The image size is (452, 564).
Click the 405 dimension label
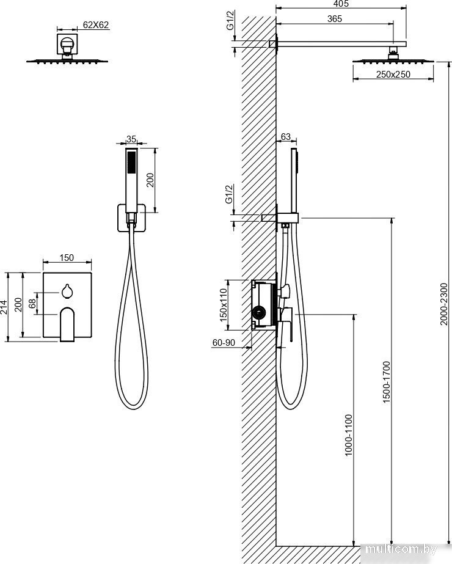[341, 4]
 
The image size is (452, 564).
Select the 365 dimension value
[334, 19]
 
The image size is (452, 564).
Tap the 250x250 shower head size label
[393, 75]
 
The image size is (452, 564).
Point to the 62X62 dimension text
[96, 25]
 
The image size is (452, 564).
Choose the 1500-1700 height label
[386, 382]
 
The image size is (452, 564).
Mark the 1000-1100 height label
[348, 435]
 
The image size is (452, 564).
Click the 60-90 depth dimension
[224, 342]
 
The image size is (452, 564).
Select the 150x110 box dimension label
[224, 305]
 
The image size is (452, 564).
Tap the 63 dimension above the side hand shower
[285, 137]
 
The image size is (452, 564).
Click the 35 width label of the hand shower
[131, 139]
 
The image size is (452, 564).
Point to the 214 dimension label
[4, 307]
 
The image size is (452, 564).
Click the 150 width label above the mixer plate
[67, 257]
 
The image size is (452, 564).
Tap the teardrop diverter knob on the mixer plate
[67, 291]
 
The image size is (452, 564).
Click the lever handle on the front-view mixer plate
[67, 324]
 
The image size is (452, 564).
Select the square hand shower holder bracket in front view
[131, 218]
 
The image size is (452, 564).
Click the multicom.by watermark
[401, 549]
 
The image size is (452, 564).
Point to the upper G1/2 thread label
[231, 20]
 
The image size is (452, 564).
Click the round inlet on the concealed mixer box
[258, 313]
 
